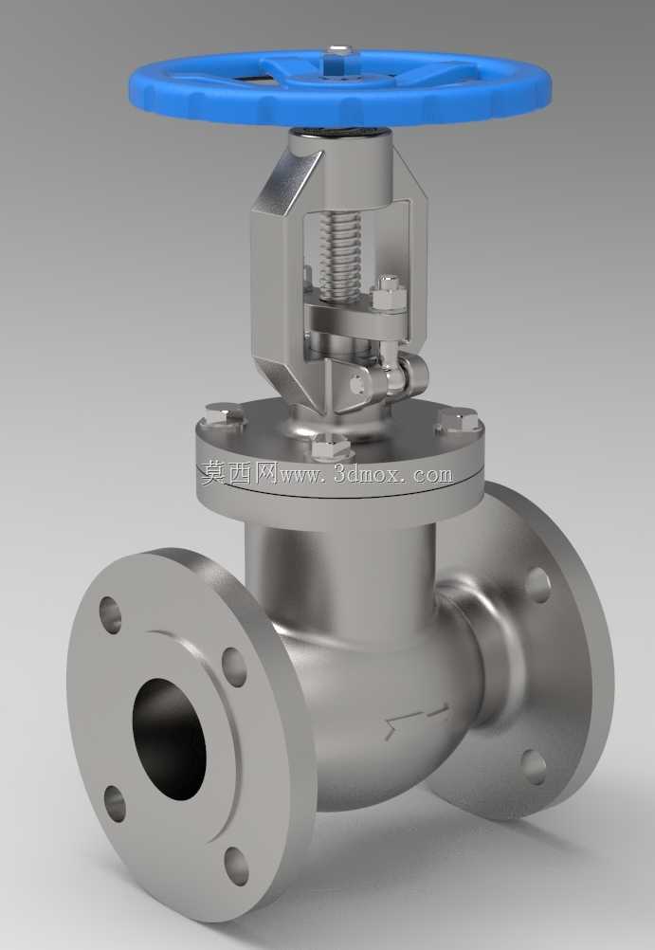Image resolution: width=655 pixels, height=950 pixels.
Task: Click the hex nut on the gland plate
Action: coord(389,295)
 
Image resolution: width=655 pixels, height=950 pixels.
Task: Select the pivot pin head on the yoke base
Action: coord(358,384)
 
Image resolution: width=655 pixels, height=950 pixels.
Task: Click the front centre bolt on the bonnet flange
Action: coord(330,448)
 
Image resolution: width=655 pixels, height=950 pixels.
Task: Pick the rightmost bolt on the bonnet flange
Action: coord(458,420)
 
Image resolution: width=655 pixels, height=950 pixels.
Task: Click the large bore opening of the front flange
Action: coord(170,739)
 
